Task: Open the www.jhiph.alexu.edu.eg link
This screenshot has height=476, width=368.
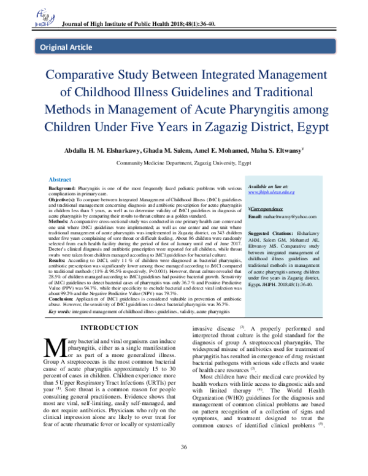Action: pos(271,192)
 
